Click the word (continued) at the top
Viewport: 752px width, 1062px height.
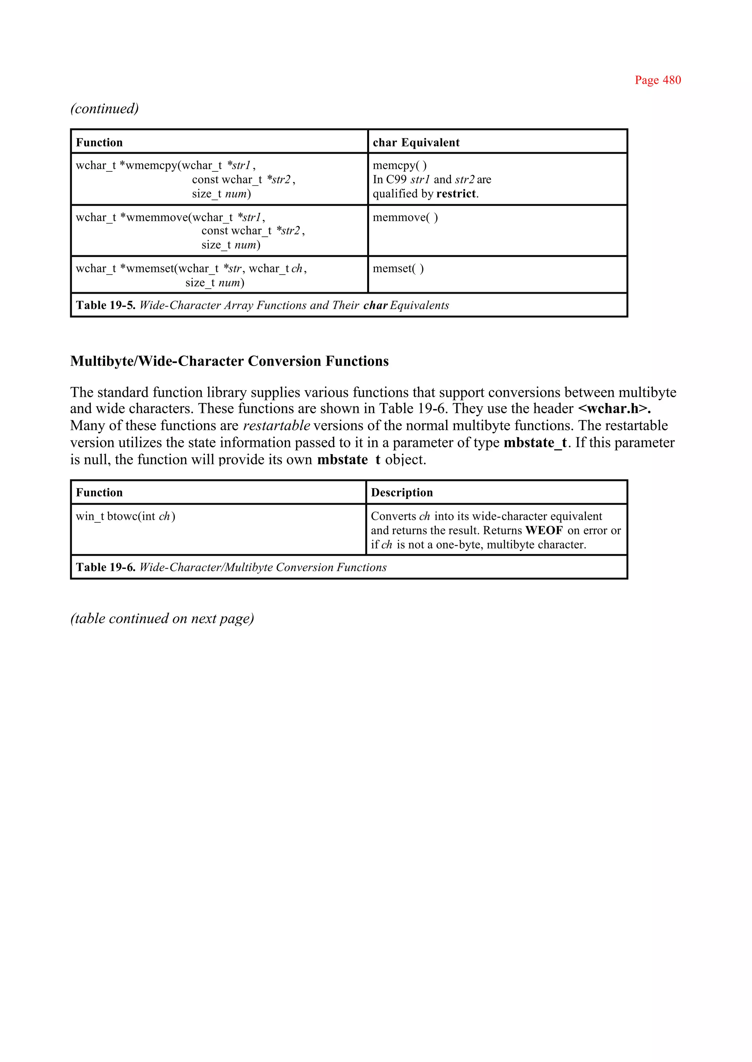click(104, 108)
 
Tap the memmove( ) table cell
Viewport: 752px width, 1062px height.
click(405, 217)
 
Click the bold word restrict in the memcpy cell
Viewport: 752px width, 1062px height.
click(456, 193)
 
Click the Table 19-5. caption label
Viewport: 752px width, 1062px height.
click(106, 305)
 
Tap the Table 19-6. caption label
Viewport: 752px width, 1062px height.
click(106, 567)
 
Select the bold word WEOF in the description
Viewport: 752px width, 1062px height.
click(544, 530)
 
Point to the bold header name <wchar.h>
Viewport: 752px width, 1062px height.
click(614, 408)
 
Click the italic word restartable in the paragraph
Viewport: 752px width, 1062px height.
click(276, 425)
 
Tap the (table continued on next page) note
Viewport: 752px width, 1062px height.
click(162, 619)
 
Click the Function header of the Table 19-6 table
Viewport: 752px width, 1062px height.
click(99, 493)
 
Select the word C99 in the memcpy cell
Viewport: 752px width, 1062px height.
click(396, 180)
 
